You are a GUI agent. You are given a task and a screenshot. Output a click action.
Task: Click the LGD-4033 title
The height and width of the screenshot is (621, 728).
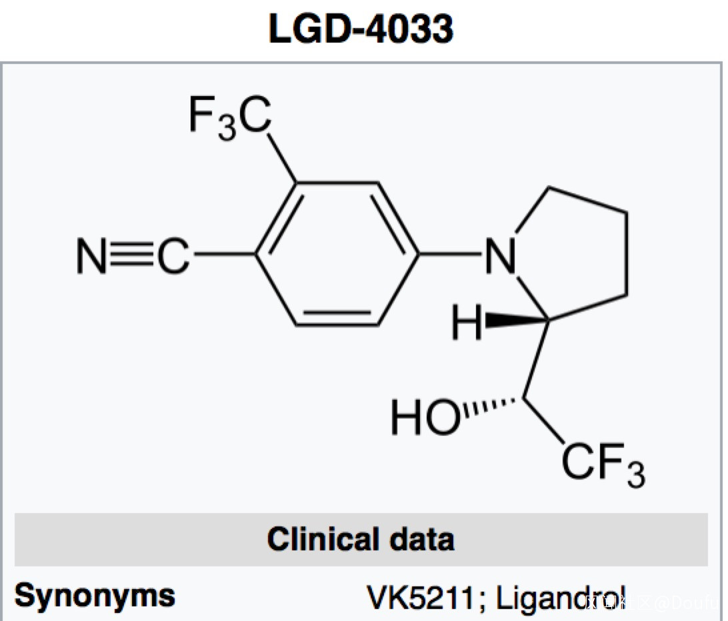coord(361,28)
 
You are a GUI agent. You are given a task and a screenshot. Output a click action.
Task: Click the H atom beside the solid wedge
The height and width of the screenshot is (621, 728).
coord(467,323)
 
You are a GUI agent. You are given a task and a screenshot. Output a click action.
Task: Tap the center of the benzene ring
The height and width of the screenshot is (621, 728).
coord(337,255)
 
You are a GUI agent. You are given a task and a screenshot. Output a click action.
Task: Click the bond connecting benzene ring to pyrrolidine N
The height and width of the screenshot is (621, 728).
coord(451,255)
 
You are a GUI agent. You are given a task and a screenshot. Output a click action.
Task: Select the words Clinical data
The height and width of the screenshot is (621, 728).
coord(361,539)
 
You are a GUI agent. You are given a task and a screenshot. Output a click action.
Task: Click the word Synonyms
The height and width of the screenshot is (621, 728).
coord(95,595)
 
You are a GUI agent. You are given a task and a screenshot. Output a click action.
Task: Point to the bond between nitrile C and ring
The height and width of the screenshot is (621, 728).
coord(223,255)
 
